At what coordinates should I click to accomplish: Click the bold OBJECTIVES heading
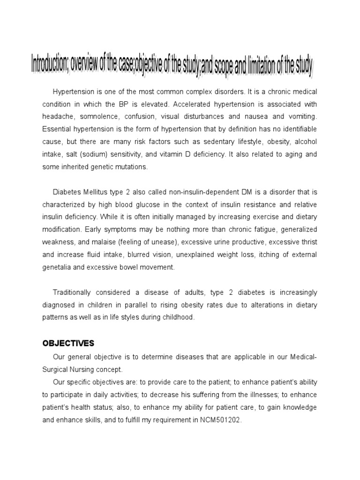68,344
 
